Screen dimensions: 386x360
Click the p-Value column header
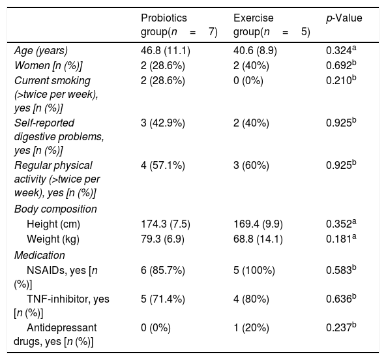pos(344,18)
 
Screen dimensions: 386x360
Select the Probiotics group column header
pos(179,25)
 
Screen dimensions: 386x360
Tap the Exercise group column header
pos(271,25)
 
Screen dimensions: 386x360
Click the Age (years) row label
pos(41,51)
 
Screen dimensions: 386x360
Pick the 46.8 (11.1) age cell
pos(166,51)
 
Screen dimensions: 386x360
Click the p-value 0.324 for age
pos(341,50)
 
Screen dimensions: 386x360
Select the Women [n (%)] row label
pos(48,66)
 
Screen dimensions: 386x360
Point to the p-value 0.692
pos(341,65)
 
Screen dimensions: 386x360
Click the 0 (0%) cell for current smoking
pos(248,81)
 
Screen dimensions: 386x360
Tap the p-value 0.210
pos(341,80)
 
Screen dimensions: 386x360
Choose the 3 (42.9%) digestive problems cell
pos(163,123)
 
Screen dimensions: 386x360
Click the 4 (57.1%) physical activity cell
pos(163,166)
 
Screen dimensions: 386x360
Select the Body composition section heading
pos(55,209)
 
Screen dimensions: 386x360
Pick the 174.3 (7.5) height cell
pos(166,224)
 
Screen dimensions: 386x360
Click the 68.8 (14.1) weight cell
pos(258,239)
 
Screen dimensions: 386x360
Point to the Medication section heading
pos(39,256)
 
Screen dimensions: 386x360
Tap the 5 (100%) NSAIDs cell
pos(254,271)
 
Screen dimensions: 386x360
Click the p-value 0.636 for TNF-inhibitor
pos(341,299)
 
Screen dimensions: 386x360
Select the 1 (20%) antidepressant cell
pos(251,328)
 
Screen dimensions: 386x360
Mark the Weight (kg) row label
pos(53,239)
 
